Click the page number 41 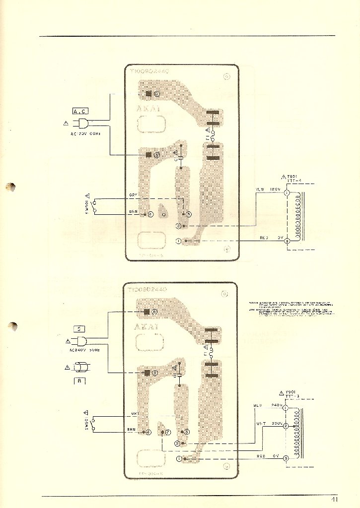click(x=334, y=499)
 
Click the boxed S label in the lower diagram click(x=79, y=328)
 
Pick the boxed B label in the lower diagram click(x=79, y=381)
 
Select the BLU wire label click(x=258, y=406)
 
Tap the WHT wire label click(x=261, y=424)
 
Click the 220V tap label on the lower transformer click(x=276, y=424)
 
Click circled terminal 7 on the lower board click(x=168, y=432)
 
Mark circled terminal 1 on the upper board click(x=179, y=241)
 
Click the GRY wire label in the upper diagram click(x=133, y=195)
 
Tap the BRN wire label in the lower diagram click(x=132, y=429)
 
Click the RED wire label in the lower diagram click(x=261, y=455)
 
